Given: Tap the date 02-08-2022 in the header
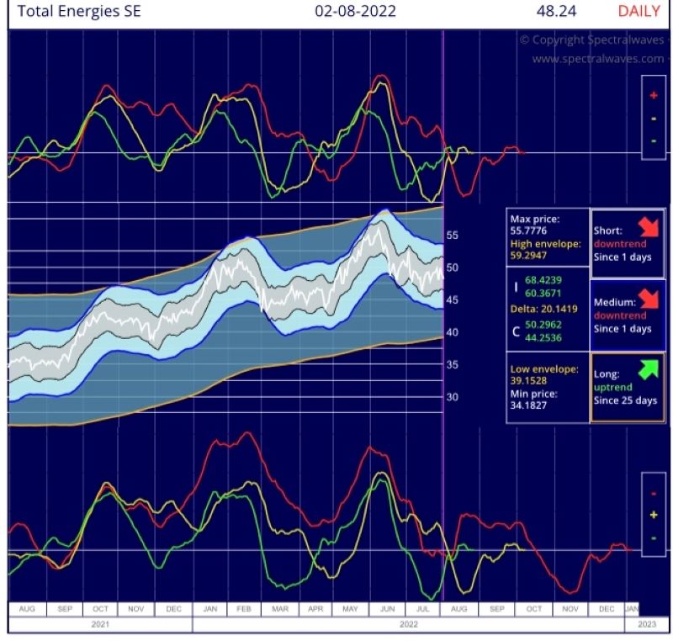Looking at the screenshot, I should [x=355, y=12].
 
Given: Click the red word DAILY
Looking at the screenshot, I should [x=639, y=12].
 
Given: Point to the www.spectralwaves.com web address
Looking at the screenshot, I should [x=598, y=59].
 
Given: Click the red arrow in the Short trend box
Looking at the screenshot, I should [x=649, y=226].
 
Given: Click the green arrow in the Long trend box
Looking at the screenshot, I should [x=649, y=368].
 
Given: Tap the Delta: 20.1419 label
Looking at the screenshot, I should [x=543, y=309].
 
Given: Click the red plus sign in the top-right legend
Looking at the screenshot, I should [x=654, y=96].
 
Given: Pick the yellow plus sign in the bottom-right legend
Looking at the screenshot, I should [x=654, y=515].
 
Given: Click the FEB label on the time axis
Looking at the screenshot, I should [x=244, y=607].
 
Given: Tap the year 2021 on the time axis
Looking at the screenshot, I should [x=99, y=624].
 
